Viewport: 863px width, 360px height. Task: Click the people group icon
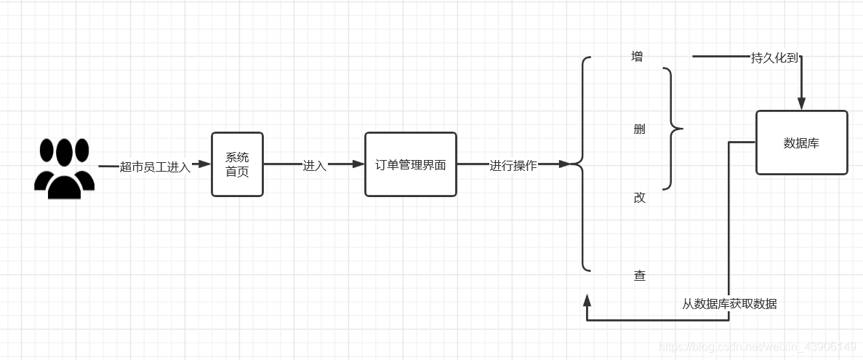pos(64,168)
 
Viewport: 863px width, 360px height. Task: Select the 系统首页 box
pos(237,164)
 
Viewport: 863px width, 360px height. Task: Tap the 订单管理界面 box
pos(411,164)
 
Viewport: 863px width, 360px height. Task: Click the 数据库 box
pos(801,143)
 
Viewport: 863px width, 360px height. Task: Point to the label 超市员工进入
pos(155,167)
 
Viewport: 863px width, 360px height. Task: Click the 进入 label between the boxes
pos(314,166)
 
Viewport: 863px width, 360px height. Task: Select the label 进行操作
pos(513,165)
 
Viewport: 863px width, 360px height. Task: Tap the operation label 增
pos(638,57)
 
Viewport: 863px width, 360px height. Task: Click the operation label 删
pos(639,129)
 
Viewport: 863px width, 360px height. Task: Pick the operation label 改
pos(639,198)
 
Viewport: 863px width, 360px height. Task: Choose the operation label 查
pos(639,276)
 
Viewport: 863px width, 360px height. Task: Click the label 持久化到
pos(774,58)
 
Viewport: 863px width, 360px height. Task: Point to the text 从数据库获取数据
pos(728,304)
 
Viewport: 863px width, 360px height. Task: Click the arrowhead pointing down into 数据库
pos(801,103)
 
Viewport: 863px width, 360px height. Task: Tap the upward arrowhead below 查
pos(587,299)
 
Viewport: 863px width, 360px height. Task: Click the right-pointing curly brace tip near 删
pos(681,129)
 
